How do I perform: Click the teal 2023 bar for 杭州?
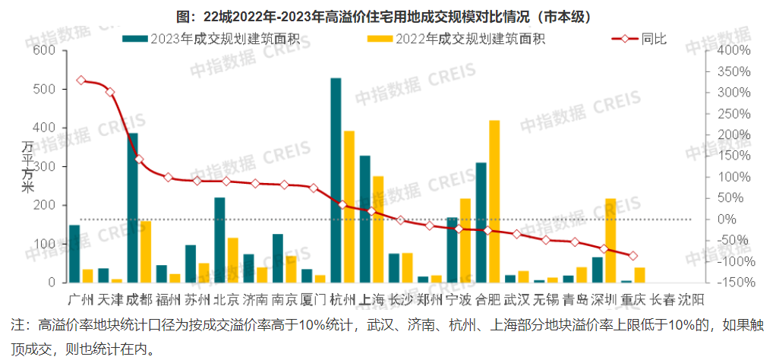pos(336,180)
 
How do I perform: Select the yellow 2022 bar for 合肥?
pos(494,201)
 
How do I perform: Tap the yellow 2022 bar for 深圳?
pos(610,240)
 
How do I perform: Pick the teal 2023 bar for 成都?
pos(132,207)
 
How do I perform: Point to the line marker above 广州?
pos(81,81)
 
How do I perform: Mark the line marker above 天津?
pos(110,92)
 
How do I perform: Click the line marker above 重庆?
pos(633,256)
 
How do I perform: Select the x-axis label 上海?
pos(371,298)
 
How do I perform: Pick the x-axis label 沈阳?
pos(691,298)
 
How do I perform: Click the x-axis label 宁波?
pos(459,298)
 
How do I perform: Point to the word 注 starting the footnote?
pos(17,325)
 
